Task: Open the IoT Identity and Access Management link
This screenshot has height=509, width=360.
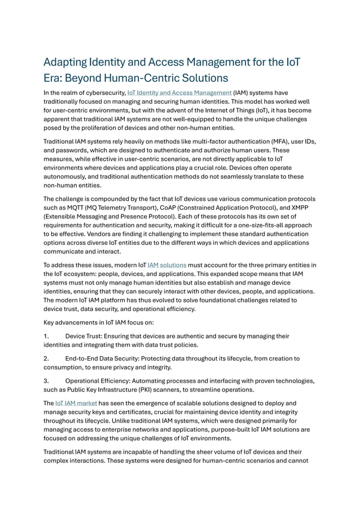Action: (x=180, y=93)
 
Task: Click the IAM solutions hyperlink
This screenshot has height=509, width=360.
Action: (x=167, y=265)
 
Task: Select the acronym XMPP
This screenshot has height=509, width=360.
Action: (x=303, y=208)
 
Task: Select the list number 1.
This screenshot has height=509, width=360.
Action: (x=46, y=336)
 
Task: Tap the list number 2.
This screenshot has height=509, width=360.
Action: (x=46, y=358)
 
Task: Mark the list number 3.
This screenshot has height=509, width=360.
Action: (x=46, y=381)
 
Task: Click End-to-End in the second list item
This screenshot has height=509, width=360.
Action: (x=85, y=358)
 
